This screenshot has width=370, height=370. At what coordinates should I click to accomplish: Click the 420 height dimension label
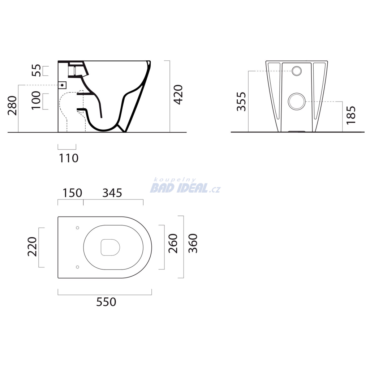tap(178, 95)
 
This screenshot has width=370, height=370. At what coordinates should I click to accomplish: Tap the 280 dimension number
tap(12, 106)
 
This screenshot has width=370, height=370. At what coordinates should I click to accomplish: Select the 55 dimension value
tap(36, 70)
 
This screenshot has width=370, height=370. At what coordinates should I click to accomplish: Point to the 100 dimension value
tap(36, 100)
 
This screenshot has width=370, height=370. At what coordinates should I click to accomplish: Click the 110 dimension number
tap(68, 158)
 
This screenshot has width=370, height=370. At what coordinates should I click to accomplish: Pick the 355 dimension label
tap(241, 102)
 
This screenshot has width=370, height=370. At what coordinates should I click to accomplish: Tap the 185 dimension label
tap(351, 115)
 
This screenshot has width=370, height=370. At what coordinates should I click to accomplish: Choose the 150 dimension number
tap(72, 193)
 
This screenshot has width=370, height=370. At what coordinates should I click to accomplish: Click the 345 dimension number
tap(112, 193)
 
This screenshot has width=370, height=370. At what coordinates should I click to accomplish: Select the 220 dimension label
tap(32, 247)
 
